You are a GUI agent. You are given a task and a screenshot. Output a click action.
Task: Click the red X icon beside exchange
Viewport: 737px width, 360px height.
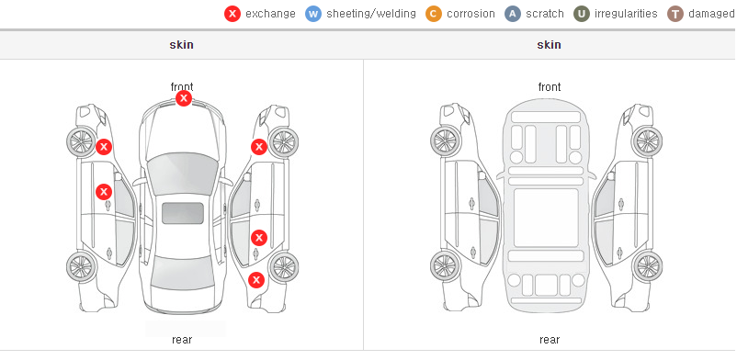click(232, 14)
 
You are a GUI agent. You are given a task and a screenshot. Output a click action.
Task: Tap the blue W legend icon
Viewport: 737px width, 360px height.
click(313, 14)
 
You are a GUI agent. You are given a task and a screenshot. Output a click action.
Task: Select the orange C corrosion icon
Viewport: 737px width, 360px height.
click(434, 14)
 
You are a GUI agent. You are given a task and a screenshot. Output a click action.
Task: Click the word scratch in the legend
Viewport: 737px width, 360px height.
click(545, 14)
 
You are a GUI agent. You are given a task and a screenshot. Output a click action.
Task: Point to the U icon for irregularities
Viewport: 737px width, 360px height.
click(582, 14)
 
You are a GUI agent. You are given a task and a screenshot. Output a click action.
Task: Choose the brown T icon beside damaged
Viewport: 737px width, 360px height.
click(675, 14)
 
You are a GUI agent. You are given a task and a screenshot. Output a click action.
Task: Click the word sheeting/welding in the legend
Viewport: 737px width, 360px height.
click(371, 14)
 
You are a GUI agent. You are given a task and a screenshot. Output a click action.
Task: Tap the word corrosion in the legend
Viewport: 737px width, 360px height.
click(471, 14)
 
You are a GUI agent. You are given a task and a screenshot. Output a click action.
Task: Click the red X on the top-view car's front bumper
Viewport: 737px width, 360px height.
click(184, 98)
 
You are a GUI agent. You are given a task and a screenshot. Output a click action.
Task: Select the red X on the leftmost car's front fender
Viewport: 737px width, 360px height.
click(104, 147)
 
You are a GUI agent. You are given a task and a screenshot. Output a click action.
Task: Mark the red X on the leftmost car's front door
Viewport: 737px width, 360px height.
click(104, 192)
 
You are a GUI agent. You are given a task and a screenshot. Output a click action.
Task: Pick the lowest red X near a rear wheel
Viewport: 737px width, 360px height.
click(256, 281)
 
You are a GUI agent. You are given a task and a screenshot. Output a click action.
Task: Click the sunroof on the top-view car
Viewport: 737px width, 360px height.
click(183, 213)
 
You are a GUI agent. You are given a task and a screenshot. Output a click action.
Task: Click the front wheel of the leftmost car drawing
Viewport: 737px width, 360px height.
click(80, 141)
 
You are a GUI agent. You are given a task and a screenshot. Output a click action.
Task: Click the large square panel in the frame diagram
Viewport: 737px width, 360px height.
click(546, 218)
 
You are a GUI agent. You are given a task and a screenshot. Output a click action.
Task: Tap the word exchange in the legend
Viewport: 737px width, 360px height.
click(270, 14)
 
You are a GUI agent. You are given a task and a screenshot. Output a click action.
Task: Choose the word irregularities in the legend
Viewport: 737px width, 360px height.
click(626, 14)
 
